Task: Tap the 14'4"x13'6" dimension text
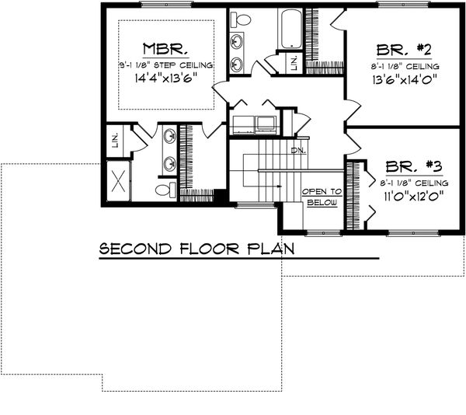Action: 165,78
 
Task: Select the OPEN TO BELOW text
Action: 322,197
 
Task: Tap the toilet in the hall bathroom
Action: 242,19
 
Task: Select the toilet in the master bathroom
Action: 165,190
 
